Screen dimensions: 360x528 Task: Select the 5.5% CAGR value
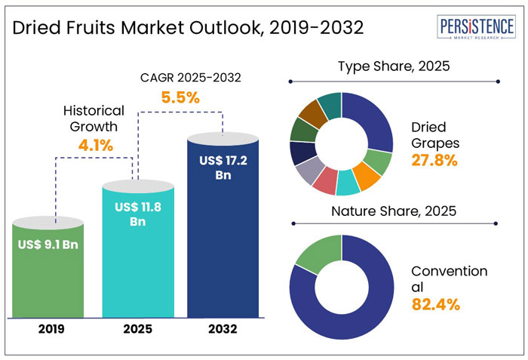tap(180, 97)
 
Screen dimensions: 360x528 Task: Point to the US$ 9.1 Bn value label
tap(50, 244)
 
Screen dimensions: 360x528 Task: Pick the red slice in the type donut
tap(325, 181)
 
